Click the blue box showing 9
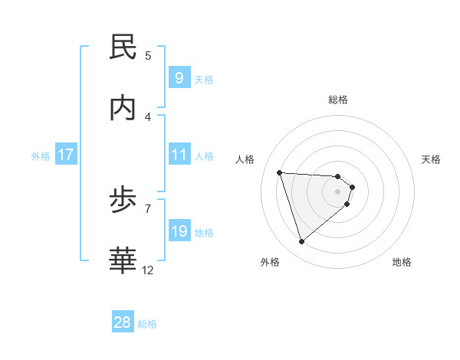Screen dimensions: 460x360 pyautogui.click(x=179, y=77)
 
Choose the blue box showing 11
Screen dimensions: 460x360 pyautogui.click(x=179, y=155)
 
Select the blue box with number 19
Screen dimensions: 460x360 pyautogui.click(x=179, y=231)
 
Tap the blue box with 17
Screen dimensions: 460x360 pyautogui.click(x=66, y=155)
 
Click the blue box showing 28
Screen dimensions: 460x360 pyautogui.click(x=123, y=322)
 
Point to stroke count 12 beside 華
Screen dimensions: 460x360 pyautogui.click(x=148, y=270)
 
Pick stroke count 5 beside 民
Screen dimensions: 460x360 pyautogui.click(x=148, y=55)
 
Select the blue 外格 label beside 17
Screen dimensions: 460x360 pyautogui.click(x=41, y=155)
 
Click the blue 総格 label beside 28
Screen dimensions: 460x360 pyautogui.click(x=147, y=324)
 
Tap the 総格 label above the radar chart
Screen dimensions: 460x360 pyautogui.click(x=338, y=100)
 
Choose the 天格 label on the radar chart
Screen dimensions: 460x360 pyautogui.click(x=432, y=159)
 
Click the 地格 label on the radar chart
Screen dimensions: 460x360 pyautogui.click(x=402, y=262)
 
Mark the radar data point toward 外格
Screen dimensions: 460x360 pyautogui.click(x=301, y=242)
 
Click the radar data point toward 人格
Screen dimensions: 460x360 pyautogui.click(x=280, y=172)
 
